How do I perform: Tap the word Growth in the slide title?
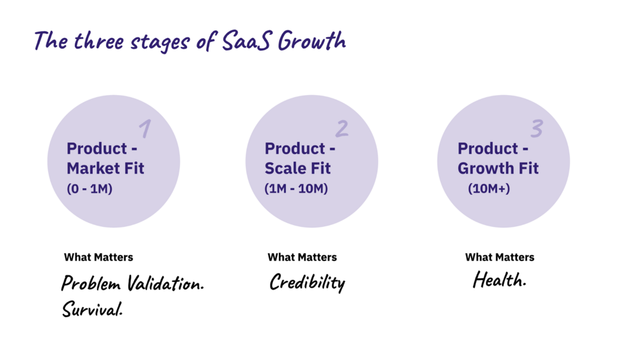(312, 41)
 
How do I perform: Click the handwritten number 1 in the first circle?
(145, 129)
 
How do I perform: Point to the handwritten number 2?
(342, 129)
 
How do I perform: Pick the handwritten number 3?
(537, 129)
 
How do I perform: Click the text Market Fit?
(105, 168)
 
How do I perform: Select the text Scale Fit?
(297, 168)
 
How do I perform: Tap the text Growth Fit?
(498, 168)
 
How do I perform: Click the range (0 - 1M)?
(89, 189)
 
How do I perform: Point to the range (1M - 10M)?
(296, 189)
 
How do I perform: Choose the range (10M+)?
(489, 189)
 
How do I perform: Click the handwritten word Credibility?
(307, 282)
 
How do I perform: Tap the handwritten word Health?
(500, 280)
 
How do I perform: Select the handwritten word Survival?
(92, 309)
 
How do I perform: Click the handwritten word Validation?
(165, 283)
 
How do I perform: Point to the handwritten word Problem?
(91, 283)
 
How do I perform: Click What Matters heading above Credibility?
(302, 257)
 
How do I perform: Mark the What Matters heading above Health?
(500, 257)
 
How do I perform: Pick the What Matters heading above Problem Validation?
(98, 257)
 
